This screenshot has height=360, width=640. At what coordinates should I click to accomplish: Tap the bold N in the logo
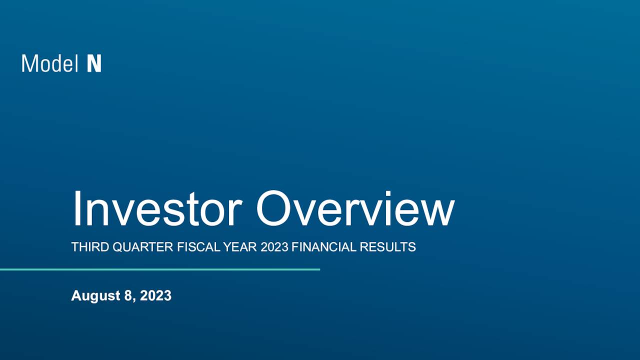click(x=94, y=63)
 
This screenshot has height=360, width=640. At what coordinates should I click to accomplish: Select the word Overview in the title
click(x=355, y=209)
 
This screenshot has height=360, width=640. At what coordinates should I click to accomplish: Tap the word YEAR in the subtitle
click(x=241, y=247)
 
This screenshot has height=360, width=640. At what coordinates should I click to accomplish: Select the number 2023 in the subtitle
click(x=274, y=247)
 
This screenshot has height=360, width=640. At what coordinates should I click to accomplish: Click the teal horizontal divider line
click(x=160, y=269)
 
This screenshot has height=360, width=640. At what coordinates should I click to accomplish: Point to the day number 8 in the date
click(x=128, y=295)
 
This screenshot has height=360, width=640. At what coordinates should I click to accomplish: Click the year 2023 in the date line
click(x=155, y=295)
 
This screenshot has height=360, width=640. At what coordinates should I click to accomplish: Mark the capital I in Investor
click(x=76, y=209)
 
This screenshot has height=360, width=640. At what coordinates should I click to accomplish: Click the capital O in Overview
click(x=274, y=209)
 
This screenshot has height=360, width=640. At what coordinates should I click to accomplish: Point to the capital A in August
click(x=76, y=295)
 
